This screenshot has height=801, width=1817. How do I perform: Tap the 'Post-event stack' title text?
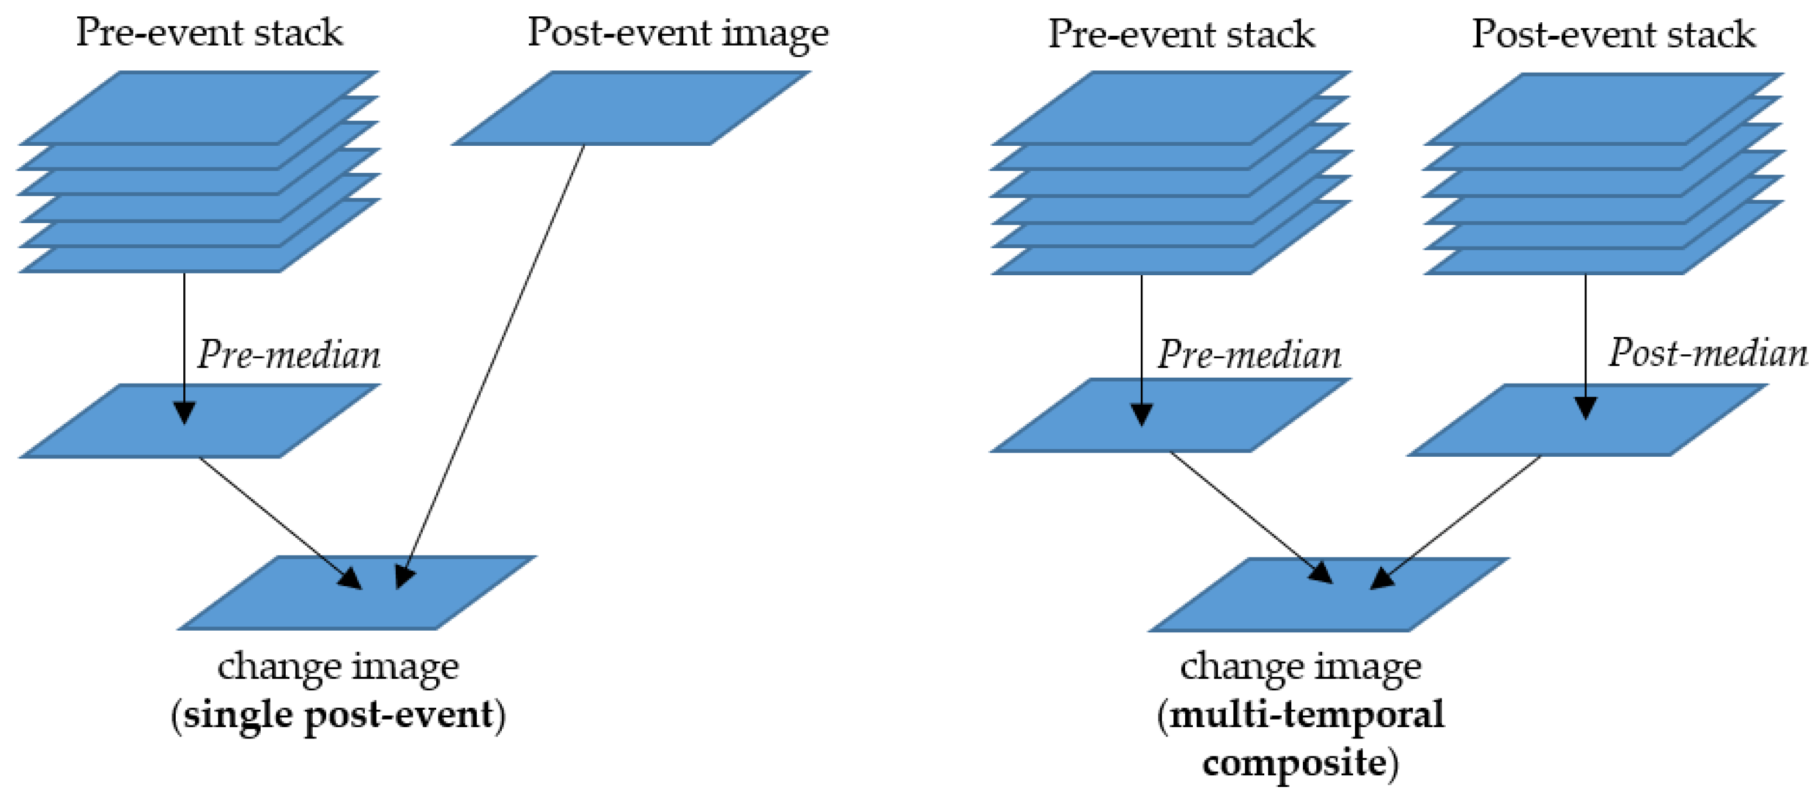click(1613, 34)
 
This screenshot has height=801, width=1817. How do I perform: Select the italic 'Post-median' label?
click(1707, 352)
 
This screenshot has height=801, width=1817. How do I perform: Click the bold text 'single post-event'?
click(338, 715)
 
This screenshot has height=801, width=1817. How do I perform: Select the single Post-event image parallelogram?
click(631, 108)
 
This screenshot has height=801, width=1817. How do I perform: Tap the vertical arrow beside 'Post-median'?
click(1586, 338)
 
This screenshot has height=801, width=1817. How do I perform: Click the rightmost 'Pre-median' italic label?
click(1248, 354)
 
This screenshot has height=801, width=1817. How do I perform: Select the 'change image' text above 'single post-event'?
click(338, 666)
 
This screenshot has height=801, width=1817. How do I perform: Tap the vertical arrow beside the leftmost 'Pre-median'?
click(184, 338)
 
